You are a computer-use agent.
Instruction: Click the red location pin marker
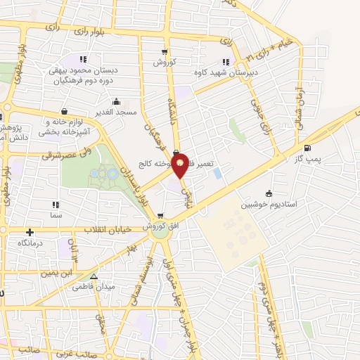[x=181, y=165]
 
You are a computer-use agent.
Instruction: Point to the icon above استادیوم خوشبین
[x=268, y=194]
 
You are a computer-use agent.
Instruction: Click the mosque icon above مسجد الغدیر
[x=115, y=101]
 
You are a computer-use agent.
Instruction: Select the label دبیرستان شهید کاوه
[x=224, y=72]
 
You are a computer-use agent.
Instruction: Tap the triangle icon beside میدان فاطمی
[x=94, y=276]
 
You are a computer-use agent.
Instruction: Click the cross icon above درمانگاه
[x=30, y=232]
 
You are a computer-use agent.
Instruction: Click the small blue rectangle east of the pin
[x=217, y=172]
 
